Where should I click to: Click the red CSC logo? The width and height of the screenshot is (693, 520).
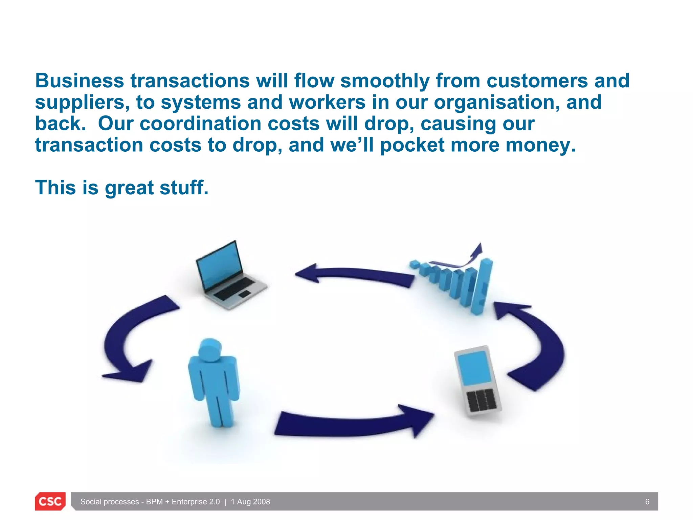50,501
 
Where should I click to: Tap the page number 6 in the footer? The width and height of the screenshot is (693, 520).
647,502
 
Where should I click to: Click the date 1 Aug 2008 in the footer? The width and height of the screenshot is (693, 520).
250,502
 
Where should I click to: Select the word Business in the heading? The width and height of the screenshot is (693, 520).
80,81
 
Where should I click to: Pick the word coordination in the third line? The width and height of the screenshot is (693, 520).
201,124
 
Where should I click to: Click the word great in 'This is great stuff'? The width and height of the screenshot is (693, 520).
129,188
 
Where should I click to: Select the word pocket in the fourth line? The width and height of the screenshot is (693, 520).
412,145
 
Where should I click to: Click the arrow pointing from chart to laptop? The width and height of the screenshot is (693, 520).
355,275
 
